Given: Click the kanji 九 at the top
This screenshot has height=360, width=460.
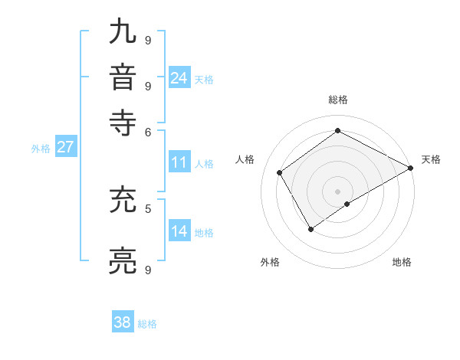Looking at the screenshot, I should (124, 34).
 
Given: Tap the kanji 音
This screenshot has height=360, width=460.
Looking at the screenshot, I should (124, 78).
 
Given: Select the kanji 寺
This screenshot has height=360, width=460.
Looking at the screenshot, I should (124, 123).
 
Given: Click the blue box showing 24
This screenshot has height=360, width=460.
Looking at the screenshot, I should (179, 77).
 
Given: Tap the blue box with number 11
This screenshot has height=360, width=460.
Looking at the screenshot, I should (179, 162).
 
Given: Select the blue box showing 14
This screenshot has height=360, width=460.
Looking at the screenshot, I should (179, 231).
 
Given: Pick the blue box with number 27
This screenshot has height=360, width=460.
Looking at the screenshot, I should (65, 147).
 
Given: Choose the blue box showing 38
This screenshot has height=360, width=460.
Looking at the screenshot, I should (123, 322).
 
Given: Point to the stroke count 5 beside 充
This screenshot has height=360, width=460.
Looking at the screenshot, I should (148, 208).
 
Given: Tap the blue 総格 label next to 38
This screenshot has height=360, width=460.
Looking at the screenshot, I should (147, 324).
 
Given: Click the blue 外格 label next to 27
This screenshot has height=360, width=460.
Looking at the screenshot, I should (41, 149).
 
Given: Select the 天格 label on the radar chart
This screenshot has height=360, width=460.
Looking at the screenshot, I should (431, 159).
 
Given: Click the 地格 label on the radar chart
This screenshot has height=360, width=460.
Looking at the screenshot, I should (402, 262).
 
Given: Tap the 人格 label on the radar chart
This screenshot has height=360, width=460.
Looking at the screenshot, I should (245, 159).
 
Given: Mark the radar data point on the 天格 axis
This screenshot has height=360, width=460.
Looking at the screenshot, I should (411, 168).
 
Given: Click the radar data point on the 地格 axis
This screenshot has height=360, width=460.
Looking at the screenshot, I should (347, 204).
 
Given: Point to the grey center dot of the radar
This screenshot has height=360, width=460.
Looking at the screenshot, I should (337, 191).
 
